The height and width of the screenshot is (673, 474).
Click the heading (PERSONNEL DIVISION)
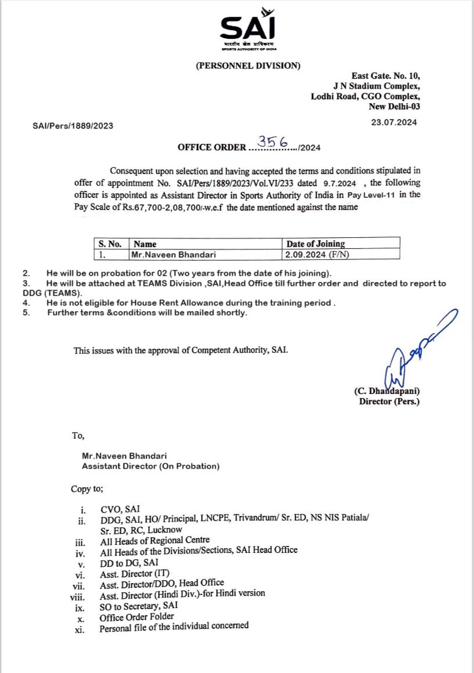(248, 66)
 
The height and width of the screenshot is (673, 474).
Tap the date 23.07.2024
(394, 122)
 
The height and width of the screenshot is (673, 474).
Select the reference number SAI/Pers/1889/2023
(73, 125)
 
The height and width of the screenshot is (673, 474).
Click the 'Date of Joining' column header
(315, 244)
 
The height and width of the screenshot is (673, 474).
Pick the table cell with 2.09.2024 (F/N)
(317, 255)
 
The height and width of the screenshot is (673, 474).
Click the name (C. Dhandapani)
(386, 392)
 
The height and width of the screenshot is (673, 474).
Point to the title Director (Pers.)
(389, 401)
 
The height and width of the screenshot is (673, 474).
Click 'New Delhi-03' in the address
(394, 107)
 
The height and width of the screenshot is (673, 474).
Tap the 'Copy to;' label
(87, 489)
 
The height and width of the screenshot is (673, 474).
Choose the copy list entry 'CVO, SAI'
(120, 509)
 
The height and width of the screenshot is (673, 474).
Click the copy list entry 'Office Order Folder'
(137, 617)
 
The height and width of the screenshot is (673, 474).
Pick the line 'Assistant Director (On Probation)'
(150, 466)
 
